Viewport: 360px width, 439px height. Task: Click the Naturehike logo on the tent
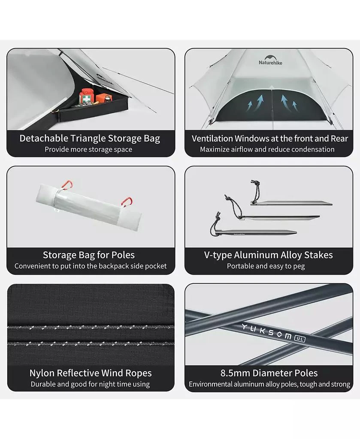(270, 60)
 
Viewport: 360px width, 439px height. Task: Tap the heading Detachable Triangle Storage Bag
(90, 138)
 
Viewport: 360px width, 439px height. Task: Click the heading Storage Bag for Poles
(88, 255)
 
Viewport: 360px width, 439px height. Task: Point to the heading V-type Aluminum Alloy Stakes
(268, 255)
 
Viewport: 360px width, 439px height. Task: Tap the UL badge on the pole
(299, 339)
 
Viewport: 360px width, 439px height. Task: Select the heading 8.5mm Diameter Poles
(269, 373)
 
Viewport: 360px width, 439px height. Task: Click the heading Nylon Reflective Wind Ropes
(91, 373)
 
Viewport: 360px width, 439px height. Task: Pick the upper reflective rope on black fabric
(91, 327)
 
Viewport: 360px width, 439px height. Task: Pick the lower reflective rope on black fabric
(91, 343)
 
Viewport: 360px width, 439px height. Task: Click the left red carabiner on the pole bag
(67, 185)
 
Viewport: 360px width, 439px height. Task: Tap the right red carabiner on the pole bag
(127, 202)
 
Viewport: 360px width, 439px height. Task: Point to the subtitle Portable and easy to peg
(266, 266)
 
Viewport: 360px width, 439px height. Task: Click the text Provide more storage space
(88, 149)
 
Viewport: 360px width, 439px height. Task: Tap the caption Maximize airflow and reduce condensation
(267, 149)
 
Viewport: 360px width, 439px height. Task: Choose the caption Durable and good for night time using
(90, 384)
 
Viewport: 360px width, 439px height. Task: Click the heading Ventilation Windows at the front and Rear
(270, 138)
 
